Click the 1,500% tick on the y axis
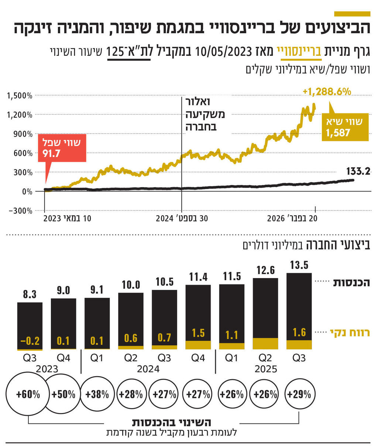tap(20, 96)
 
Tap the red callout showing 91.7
tap(62, 148)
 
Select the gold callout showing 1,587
tap(345, 127)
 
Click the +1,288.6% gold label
tap(326, 91)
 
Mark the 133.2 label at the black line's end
tap(358, 171)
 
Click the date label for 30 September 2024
tap(182, 219)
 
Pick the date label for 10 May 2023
tap(67, 219)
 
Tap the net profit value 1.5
tap(198, 333)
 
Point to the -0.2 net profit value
tap(30, 341)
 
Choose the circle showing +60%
tap(28, 394)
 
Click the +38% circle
tap(97, 394)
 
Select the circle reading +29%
tap(299, 394)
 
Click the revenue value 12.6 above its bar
tap(265, 271)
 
